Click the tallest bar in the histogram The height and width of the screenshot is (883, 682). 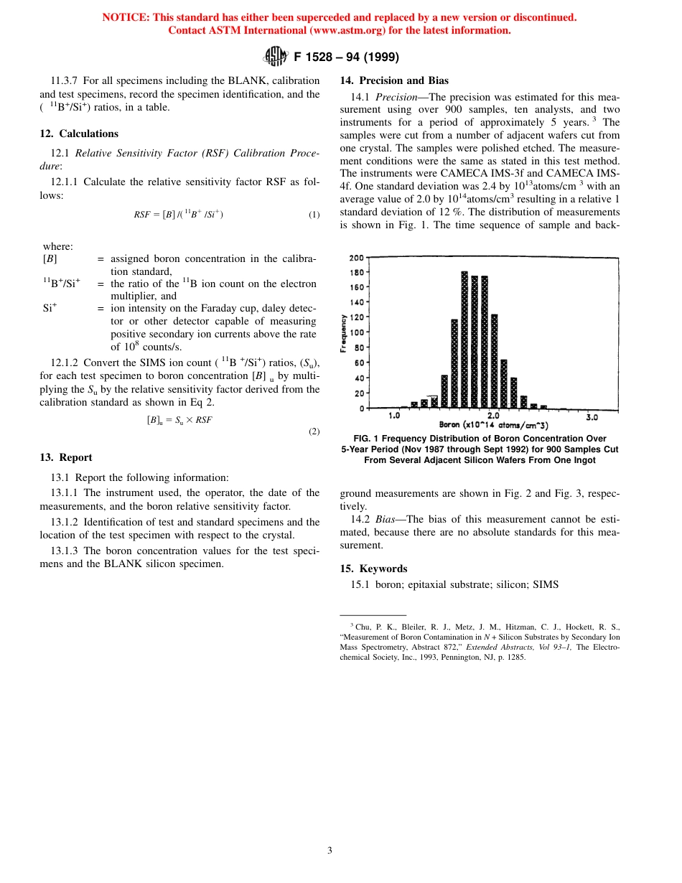pyautogui.click(x=464, y=339)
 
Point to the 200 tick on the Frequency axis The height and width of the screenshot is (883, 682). pyautogui.click(x=356, y=258)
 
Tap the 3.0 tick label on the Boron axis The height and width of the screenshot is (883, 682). pyautogui.click(x=592, y=416)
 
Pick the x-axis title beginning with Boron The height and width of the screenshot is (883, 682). pyautogui.click(x=493, y=426)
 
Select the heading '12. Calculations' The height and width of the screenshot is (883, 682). pyautogui.click(x=79, y=134)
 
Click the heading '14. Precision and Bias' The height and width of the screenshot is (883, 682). pyautogui.click(x=394, y=80)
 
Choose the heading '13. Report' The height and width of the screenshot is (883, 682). pyautogui.click(x=66, y=457)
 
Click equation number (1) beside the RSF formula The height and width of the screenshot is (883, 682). pyautogui.click(x=314, y=215)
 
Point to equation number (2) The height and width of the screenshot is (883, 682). pyautogui.click(x=314, y=431)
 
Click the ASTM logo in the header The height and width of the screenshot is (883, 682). pyautogui.click(x=276, y=56)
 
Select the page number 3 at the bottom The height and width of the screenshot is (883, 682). pyautogui.click(x=330, y=851)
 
